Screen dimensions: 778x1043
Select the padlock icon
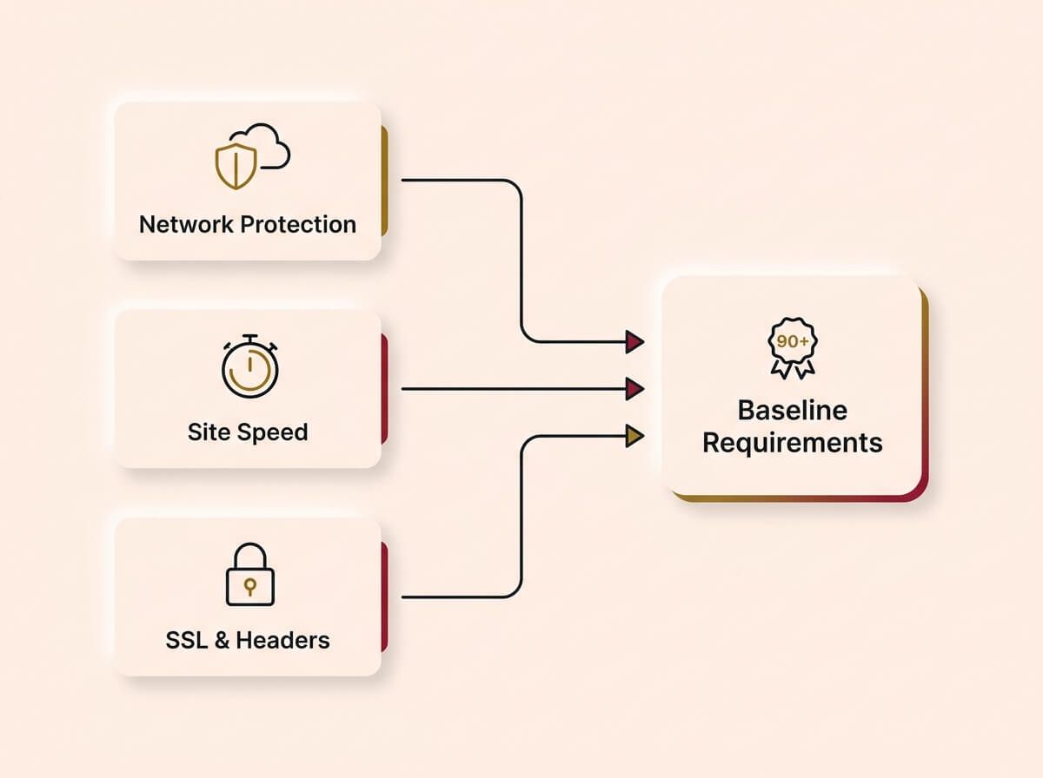249,575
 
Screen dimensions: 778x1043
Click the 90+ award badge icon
792,349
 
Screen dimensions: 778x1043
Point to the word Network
185,224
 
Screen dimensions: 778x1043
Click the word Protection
298,224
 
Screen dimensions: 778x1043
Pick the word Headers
283,641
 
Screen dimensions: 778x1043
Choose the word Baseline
792,410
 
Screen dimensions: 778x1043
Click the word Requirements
792,443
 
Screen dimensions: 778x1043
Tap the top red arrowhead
634,341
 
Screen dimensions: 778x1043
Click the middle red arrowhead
634,388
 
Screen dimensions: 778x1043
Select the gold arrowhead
634,435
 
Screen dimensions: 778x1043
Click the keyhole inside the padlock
249,586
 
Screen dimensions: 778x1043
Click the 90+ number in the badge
792,342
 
